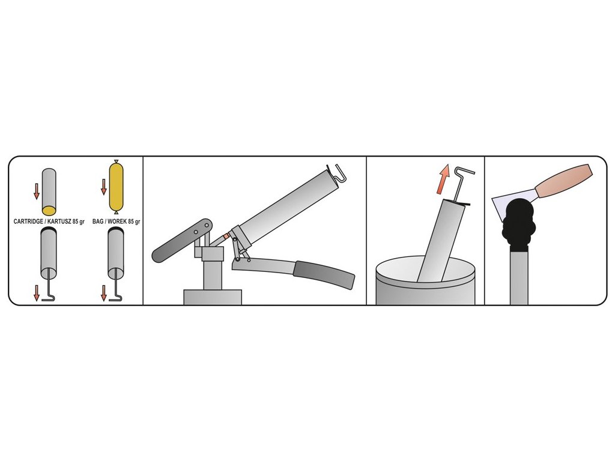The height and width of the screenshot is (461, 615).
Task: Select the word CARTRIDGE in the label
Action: [x=28, y=221]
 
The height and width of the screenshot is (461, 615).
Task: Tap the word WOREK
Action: [x=117, y=221]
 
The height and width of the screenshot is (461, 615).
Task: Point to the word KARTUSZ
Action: [x=59, y=221]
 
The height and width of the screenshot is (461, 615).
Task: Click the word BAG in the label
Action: [x=98, y=221]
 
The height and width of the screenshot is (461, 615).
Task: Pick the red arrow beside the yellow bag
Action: [x=103, y=187]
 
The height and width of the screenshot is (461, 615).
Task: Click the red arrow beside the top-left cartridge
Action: [x=37, y=191]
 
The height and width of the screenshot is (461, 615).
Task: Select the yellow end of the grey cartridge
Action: [x=49, y=211]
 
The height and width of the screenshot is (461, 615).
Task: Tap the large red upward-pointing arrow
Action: [x=443, y=179]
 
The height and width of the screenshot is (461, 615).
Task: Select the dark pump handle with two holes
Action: [x=181, y=241]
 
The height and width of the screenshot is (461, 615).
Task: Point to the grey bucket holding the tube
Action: [x=425, y=281]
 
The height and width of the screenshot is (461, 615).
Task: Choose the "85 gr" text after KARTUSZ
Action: [x=79, y=221]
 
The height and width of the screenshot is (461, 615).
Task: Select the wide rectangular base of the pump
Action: [x=213, y=297]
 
